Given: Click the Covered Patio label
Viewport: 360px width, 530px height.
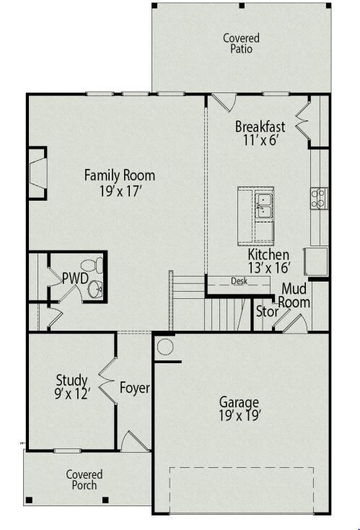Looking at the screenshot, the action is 241,43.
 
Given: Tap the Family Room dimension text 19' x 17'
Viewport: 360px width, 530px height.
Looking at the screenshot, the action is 120,191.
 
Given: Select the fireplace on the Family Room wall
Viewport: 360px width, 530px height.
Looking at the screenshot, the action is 37,173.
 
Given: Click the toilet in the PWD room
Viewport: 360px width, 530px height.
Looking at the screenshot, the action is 92,265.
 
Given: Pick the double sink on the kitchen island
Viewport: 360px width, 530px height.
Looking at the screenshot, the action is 264,206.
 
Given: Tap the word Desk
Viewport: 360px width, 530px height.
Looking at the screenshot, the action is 239,281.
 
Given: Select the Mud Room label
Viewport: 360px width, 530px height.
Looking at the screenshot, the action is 294,295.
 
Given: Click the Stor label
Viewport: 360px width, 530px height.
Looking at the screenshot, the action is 267,312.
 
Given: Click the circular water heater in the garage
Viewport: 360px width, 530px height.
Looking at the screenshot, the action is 165,347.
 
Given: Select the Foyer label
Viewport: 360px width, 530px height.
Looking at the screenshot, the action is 135,388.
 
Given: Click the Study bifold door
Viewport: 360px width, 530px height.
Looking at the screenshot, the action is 107,381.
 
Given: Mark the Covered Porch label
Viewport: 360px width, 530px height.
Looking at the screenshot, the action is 84,479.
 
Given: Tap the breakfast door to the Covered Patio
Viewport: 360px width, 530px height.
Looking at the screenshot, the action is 224,101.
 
